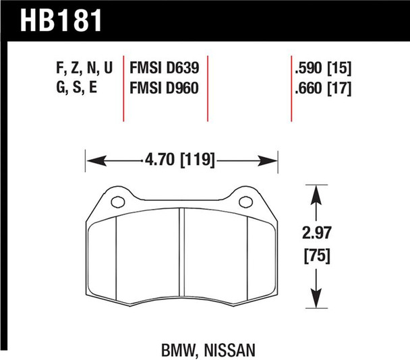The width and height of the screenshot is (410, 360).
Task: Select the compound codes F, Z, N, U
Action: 79,68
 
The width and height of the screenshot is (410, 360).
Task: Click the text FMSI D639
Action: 165,68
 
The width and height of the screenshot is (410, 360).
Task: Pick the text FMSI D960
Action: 165,88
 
